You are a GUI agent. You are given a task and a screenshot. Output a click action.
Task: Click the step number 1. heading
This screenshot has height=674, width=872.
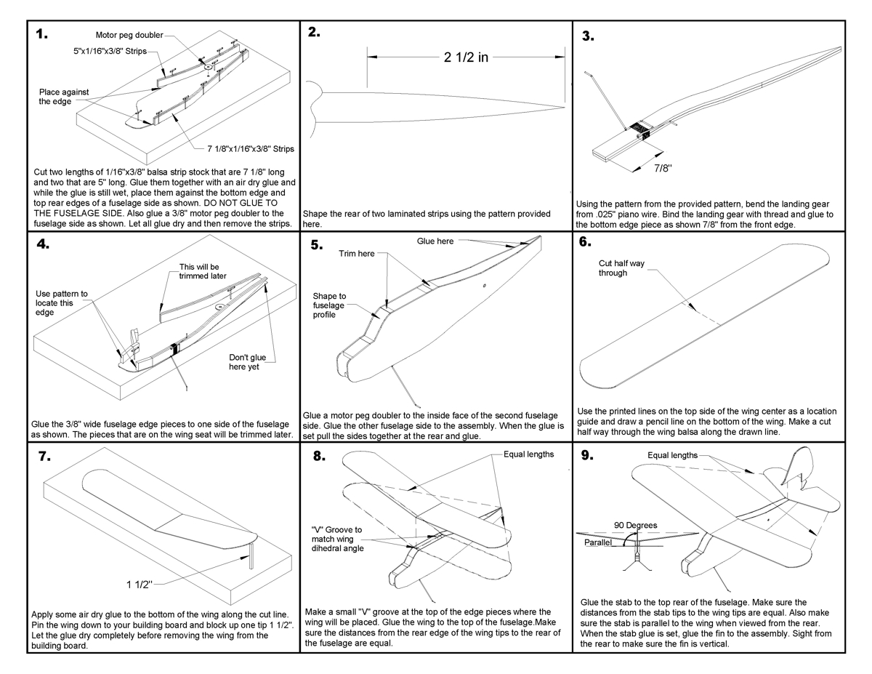tap(41, 34)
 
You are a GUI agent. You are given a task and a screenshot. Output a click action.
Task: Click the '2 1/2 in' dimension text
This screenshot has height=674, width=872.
tap(466, 57)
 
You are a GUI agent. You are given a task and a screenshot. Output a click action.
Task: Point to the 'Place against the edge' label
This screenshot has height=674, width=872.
tap(64, 97)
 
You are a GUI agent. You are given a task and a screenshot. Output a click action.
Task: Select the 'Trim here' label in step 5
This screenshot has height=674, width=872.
tap(356, 253)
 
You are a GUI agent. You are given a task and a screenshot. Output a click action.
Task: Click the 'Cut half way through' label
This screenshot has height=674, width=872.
tap(621, 268)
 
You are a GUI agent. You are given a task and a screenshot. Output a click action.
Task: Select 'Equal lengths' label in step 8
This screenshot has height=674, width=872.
tap(528, 454)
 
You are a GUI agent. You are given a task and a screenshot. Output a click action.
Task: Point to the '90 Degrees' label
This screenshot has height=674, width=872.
tap(636, 525)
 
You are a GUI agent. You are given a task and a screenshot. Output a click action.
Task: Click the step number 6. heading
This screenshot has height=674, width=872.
tap(585, 243)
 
